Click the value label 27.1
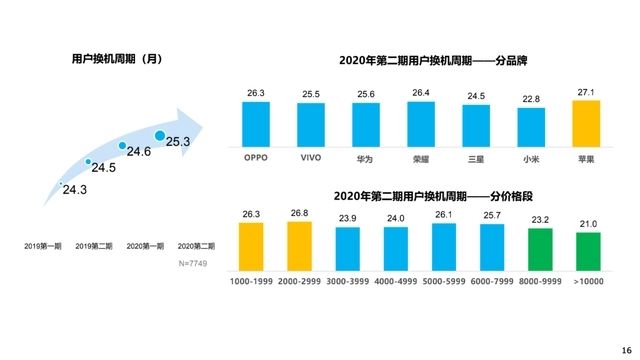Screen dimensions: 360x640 (x=585, y=92)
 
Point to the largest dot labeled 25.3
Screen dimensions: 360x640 (x=160, y=135)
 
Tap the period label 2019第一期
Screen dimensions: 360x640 (x=43, y=245)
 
